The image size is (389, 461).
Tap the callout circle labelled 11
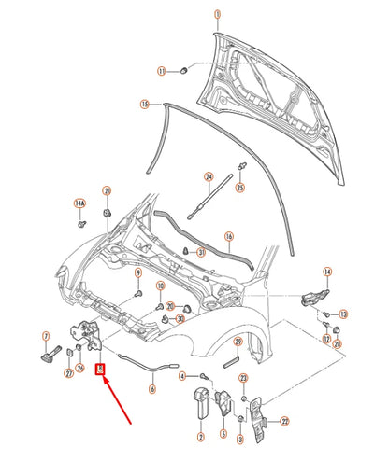coord(161,71)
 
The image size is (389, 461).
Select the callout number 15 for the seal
coord(145,105)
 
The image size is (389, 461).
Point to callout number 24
coord(209,176)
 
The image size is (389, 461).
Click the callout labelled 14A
coord(80,203)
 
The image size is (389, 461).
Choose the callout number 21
coord(108,192)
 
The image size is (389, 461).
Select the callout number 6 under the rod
coord(151,390)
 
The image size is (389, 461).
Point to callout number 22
coord(284,421)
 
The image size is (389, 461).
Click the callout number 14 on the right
coord(327,272)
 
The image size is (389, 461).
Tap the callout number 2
coord(200,436)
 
